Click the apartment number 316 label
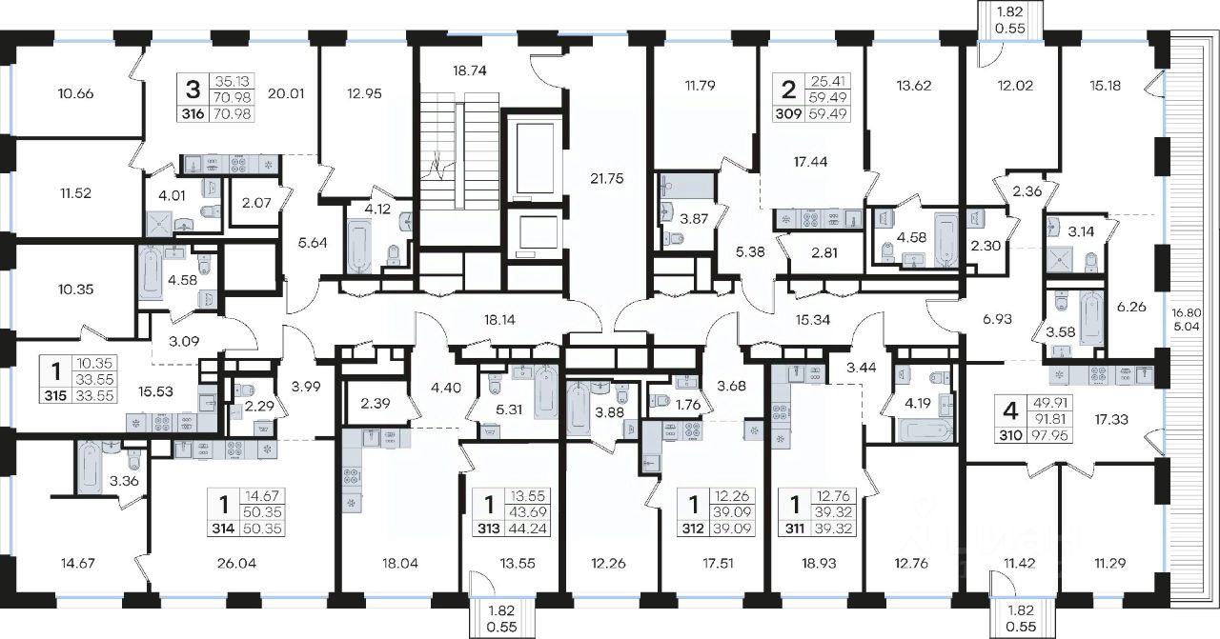pos(193,113)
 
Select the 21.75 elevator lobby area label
pos(607,178)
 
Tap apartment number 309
pos(788,113)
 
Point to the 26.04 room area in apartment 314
pos(236,564)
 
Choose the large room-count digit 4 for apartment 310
pos(1010,411)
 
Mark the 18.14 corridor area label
pos(498,320)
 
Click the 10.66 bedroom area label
pos(75,93)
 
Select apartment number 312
pos(693,528)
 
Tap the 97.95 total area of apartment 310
pos(1049,435)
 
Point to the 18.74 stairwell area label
pos(470,70)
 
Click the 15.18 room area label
pos(1105,86)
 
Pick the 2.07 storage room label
pos(256,204)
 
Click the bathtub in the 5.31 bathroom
pos(546,392)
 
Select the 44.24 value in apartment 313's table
pos(527,528)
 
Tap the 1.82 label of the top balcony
pos(1009,11)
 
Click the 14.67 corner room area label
pos(78,564)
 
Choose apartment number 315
pos(55,395)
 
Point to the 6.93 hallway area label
pos(997,319)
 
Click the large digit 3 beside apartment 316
pos(193,90)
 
